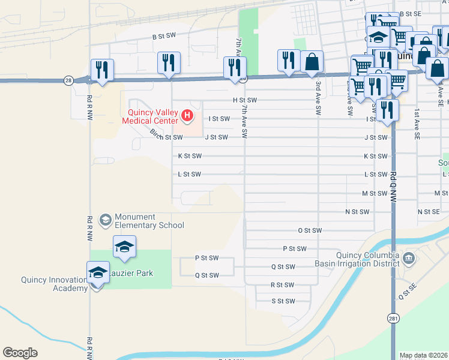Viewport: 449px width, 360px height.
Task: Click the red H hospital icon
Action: tap(188, 115)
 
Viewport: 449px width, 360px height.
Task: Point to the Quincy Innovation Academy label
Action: tap(55, 284)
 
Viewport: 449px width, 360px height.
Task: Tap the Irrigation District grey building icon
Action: tap(409, 258)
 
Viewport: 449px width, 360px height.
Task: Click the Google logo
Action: tap(20, 353)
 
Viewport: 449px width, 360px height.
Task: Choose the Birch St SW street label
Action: tap(166, 137)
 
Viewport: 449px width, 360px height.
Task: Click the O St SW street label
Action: tap(310, 230)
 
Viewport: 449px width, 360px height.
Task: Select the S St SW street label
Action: tap(283, 301)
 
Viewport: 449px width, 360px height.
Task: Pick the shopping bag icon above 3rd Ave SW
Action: tap(312, 61)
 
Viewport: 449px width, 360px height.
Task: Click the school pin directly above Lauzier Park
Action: tap(124, 247)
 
